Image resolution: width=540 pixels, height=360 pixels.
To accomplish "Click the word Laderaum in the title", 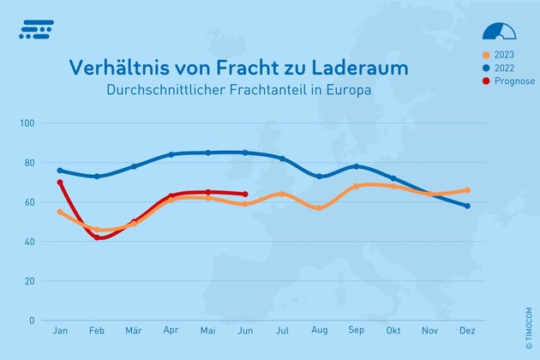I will [352, 67].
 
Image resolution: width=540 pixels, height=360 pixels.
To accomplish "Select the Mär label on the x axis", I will [134, 330].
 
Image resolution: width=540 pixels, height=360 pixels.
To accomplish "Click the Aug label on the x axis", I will [320, 330].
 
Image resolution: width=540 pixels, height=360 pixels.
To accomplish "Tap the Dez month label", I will [467, 330].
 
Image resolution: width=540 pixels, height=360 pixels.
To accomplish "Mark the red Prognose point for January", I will [60, 183].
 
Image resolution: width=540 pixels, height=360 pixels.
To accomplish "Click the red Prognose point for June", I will [245, 194].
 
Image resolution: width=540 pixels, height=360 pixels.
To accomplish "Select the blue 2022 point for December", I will [467, 206].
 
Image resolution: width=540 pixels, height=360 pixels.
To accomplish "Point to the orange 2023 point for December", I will [467, 190].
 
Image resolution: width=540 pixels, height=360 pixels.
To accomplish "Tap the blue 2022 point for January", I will [60, 171].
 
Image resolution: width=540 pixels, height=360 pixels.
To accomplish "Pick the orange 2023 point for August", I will [320, 207].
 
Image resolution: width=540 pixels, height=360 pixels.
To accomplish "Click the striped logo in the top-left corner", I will [36, 29].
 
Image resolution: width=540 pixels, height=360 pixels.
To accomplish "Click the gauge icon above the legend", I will [500, 31].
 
